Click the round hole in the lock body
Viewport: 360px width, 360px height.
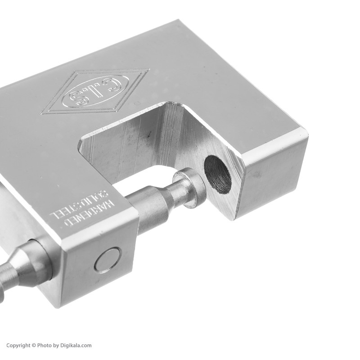point(217,173)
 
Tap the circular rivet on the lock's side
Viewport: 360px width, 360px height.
point(108,260)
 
